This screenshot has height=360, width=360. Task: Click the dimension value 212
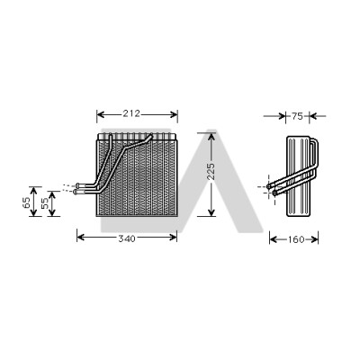click(131, 113)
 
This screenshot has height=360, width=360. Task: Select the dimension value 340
click(127, 238)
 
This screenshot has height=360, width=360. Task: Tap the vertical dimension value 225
click(211, 171)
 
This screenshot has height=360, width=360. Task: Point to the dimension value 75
click(297, 116)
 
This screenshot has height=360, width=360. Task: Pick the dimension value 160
click(296, 239)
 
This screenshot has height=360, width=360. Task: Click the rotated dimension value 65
click(26, 202)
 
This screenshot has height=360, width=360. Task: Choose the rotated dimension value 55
click(45, 203)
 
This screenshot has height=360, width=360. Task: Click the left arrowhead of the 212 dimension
click(100, 114)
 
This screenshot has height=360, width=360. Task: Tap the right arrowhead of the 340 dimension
click(174, 238)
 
